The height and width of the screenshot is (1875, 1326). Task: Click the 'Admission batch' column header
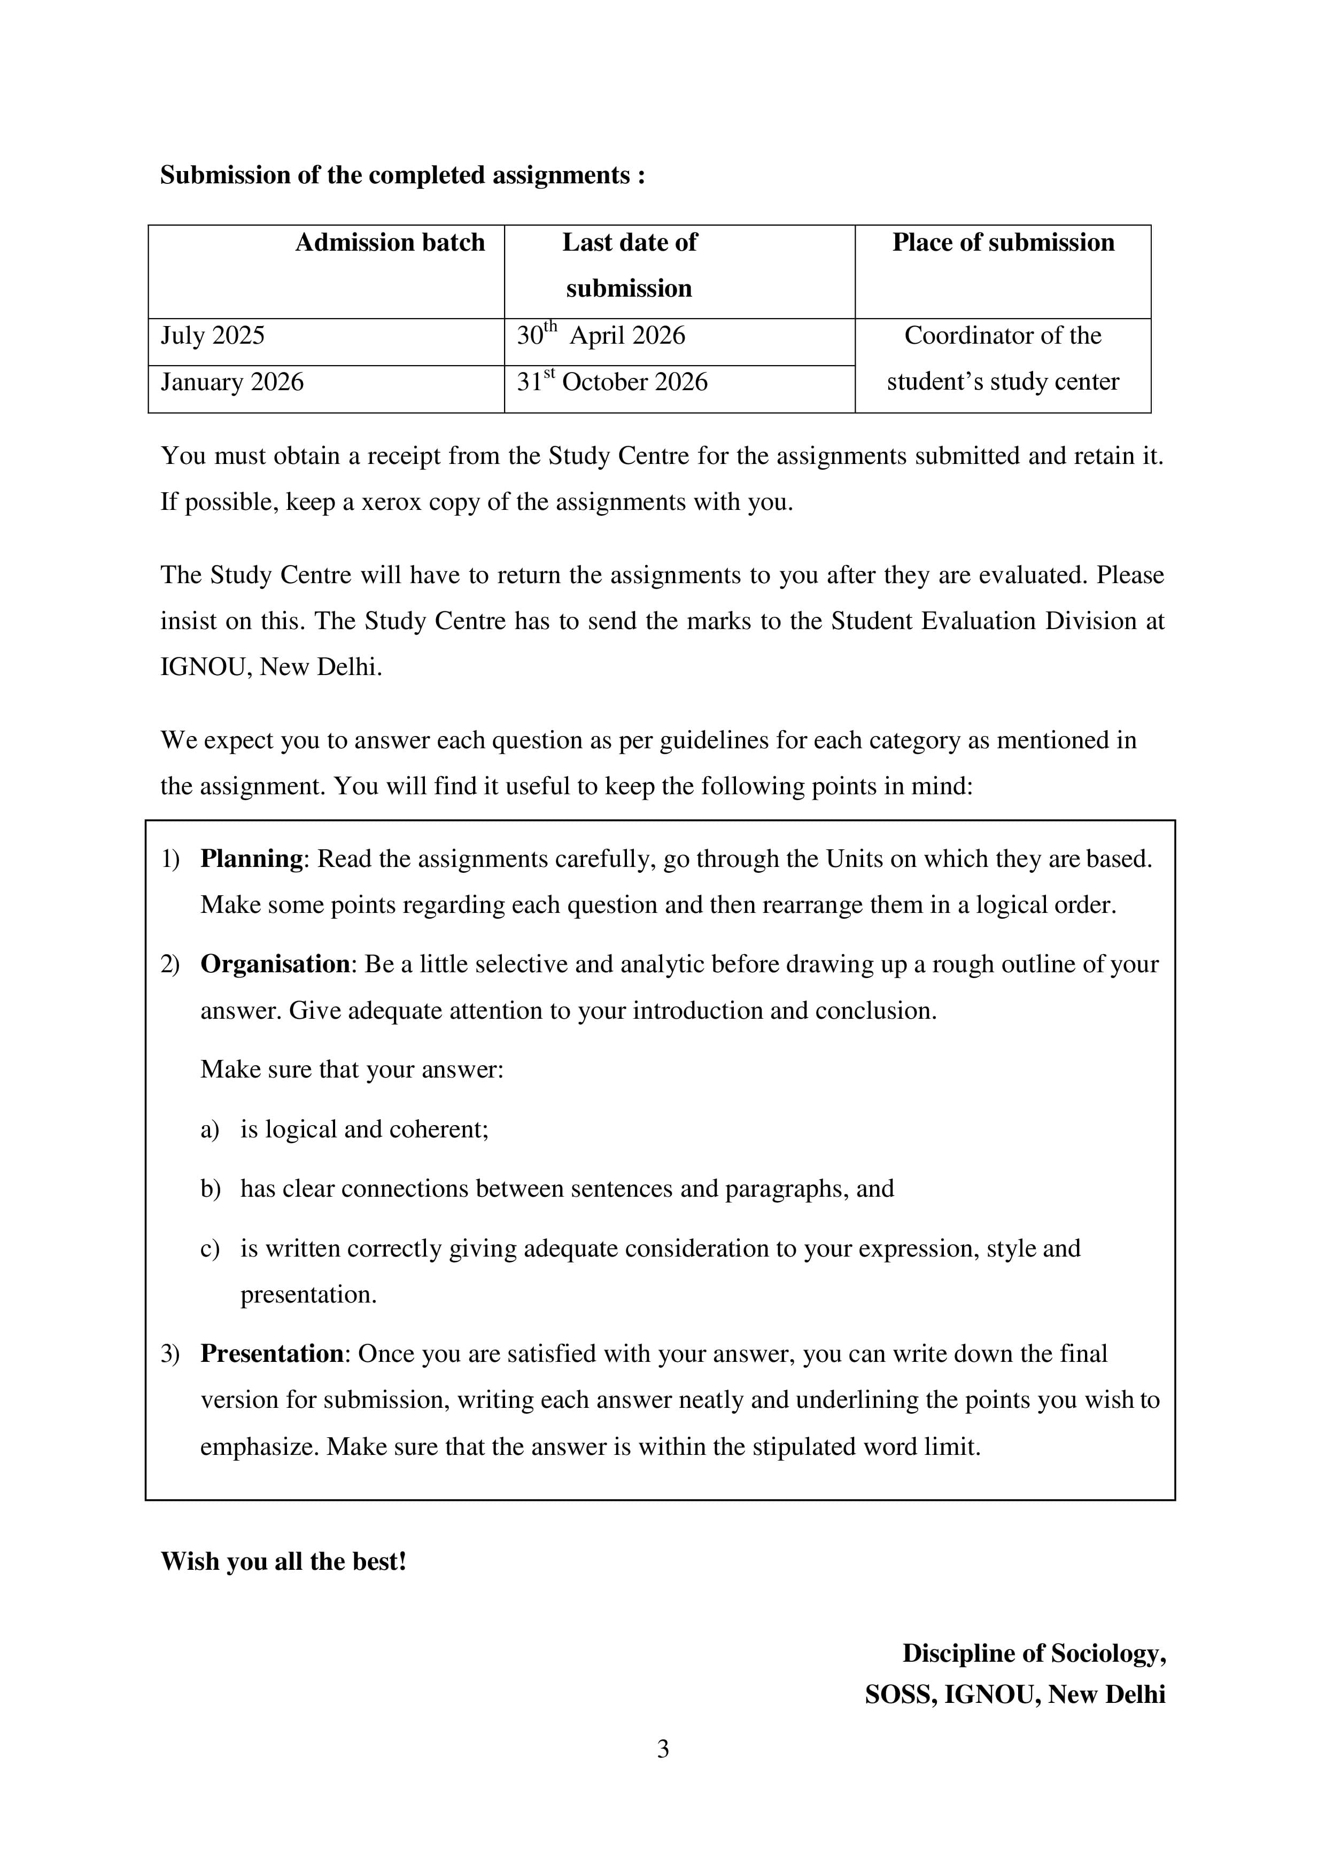pyautogui.click(x=390, y=243)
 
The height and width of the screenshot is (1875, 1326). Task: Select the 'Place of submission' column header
pyautogui.click(x=1003, y=243)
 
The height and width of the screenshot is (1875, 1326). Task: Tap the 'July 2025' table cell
pyautogui.click(x=213, y=336)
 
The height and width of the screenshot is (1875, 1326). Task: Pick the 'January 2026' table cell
pyautogui.click(x=232, y=382)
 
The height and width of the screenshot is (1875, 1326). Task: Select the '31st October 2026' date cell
pyautogui.click(x=612, y=382)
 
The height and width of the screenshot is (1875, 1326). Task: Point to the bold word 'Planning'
pyautogui.click(x=252, y=859)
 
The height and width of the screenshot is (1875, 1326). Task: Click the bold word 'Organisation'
pyautogui.click(x=275, y=964)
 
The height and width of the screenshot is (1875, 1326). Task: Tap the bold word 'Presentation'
pyautogui.click(x=272, y=1354)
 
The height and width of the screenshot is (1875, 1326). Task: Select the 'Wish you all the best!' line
pyautogui.click(x=283, y=1561)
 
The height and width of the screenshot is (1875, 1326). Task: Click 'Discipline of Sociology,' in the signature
pyautogui.click(x=1034, y=1654)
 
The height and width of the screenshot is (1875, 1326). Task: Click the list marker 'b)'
pyautogui.click(x=211, y=1189)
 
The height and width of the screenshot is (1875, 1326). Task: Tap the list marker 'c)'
pyautogui.click(x=210, y=1249)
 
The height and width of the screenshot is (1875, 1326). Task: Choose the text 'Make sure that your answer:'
pyautogui.click(x=352, y=1070)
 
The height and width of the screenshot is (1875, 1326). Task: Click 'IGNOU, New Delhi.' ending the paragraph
pyautogui.click(x=271, y=667)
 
